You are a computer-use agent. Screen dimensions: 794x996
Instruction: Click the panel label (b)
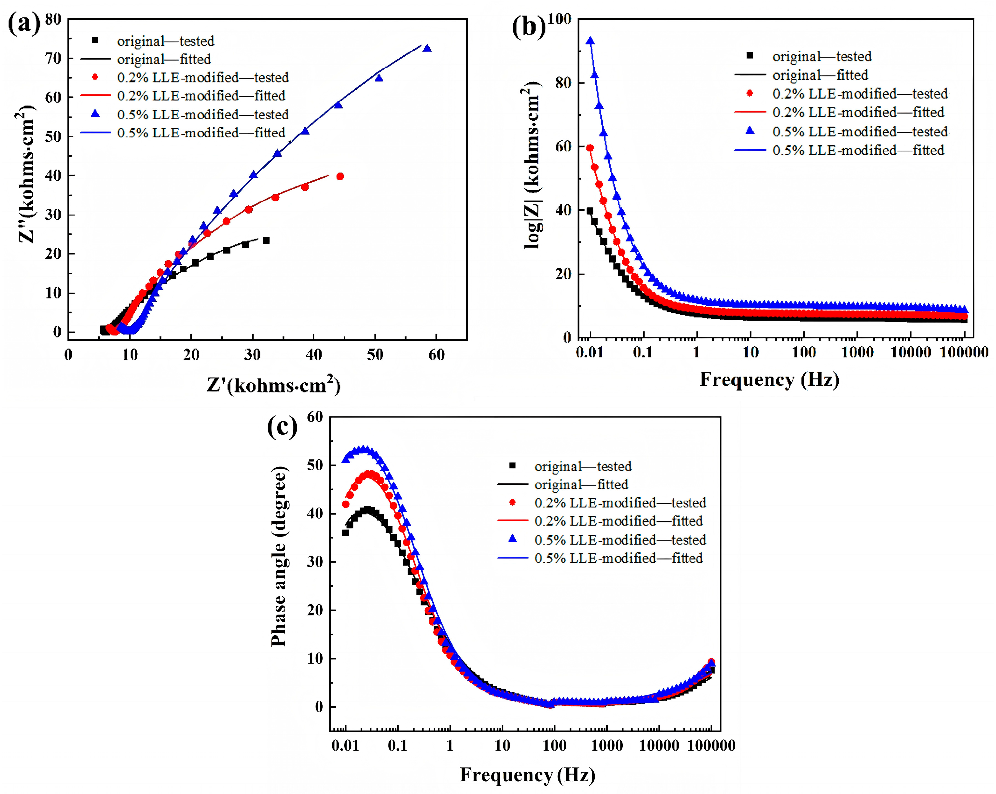[x=529, y=26]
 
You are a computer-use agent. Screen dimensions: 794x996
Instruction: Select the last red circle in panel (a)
[x=340, y=176]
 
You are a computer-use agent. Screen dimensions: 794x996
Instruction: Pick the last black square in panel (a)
[x=266, y=240]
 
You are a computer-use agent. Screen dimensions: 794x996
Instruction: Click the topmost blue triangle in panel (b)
[x=590, y=41]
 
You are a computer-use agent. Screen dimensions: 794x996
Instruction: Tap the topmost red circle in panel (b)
[x=590, y=148]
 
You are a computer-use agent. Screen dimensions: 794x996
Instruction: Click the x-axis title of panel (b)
[x=769, y=380]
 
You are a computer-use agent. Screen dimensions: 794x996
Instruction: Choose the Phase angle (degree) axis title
[x=279, y=557]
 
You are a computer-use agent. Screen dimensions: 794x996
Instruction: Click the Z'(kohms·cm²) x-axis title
[x=273, y=385]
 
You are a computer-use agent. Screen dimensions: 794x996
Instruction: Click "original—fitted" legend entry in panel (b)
[x=820, y=75]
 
